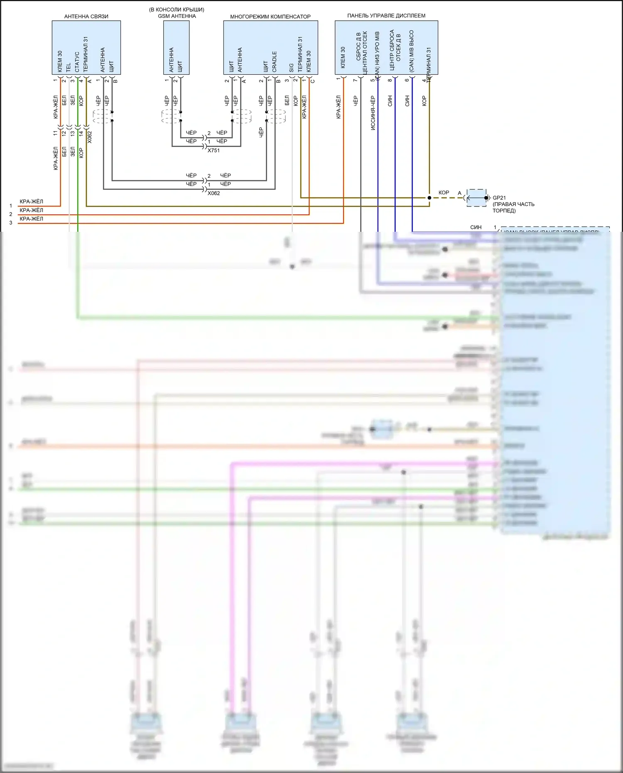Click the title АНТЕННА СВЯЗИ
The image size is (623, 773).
coord(86,17)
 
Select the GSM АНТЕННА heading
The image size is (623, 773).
coord(177,16)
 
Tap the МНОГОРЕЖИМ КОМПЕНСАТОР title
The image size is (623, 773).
coord(270,17)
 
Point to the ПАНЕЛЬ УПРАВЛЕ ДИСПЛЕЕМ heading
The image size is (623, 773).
coord(386,16)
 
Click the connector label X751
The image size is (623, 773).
coord(213,150)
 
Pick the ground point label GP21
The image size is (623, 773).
coord(499,198)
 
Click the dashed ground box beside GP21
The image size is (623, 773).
coord(476,198)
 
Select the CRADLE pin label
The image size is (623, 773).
coord(275,61)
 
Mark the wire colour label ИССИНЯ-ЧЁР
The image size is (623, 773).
coord(373,113)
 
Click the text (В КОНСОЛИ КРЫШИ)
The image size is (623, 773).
coord(177,10)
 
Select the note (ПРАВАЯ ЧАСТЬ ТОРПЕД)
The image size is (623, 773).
coord(513,207)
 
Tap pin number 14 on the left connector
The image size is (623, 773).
coord(81,133)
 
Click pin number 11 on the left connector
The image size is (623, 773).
coord(55,133)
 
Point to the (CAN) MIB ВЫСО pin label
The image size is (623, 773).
coord(412,51)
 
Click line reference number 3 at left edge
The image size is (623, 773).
coord(11,223)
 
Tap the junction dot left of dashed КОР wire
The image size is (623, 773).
coord(429,198)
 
